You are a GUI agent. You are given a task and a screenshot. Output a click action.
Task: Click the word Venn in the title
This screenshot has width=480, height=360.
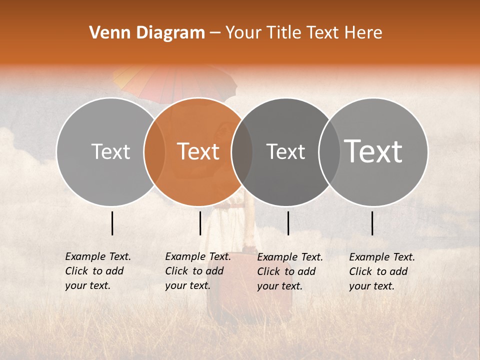[x=108, y=33]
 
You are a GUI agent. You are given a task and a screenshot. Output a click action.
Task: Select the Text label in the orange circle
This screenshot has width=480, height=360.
[x=198, y=151]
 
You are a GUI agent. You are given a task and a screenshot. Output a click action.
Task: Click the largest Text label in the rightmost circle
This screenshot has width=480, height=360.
[x=373, y=151]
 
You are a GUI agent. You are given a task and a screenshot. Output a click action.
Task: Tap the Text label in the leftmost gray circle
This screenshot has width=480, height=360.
[x=110, y=151]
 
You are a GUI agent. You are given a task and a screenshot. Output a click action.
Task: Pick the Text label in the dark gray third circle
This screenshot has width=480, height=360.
[x=285, y=151]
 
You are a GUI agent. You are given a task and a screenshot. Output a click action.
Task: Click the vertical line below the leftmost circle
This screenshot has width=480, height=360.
[x=112, y=223]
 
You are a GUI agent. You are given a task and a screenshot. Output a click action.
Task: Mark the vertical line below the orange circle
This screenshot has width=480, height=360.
[x=200, y=223]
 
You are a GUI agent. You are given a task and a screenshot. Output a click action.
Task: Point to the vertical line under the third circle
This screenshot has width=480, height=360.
[x=288, y=223]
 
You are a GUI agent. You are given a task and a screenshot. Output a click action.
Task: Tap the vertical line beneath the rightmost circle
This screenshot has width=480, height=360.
[x=372, y=223]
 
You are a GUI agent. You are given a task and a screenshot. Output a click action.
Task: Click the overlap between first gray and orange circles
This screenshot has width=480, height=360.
[x=154, y=151]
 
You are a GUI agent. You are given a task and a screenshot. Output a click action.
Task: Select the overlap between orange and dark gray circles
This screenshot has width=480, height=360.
[x=242, y=151]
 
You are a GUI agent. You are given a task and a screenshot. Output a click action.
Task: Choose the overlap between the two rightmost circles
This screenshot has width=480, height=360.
[x=329, y=151]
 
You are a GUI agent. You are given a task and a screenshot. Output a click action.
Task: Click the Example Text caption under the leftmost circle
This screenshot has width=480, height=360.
[x=97, y=271]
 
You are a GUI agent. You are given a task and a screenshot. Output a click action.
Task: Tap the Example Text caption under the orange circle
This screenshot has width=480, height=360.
[x=197, y=271]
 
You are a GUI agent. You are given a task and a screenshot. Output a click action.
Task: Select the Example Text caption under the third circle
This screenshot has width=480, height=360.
[x=289, y=271]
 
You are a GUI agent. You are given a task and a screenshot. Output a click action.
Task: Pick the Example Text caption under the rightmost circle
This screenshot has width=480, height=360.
[x=381, y=271]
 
